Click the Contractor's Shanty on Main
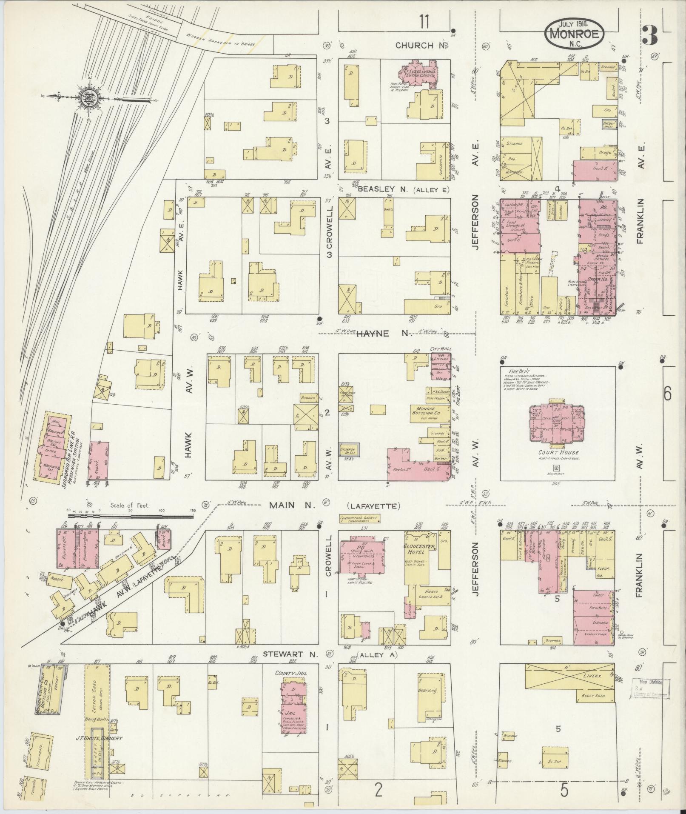tap(360, 518)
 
